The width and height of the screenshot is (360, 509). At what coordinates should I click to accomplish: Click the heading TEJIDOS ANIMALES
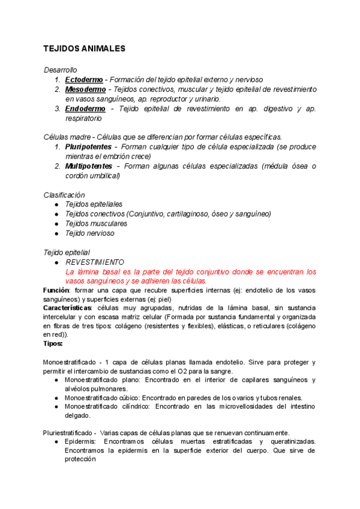(84, 49)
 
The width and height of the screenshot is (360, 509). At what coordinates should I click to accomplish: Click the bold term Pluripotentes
(88, 146)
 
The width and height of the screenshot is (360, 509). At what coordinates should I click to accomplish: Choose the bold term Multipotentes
(89, 166)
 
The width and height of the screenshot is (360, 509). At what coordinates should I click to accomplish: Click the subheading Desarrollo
(60, 70)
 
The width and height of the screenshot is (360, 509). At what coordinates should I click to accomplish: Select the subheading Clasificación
(64, 195)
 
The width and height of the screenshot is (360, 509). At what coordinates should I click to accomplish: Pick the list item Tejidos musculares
(96, 223)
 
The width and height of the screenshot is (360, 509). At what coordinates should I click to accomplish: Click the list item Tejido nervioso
(89, 233)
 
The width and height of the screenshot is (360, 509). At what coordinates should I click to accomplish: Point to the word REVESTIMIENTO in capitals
(95, 262)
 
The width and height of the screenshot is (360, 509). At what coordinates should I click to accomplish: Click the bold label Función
(57, 290)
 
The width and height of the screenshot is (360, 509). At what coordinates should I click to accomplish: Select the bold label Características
(67, 307)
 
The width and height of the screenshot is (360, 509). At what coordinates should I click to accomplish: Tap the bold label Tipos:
(53, 343)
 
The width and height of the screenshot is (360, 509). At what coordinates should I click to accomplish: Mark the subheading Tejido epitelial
(67, 253)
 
